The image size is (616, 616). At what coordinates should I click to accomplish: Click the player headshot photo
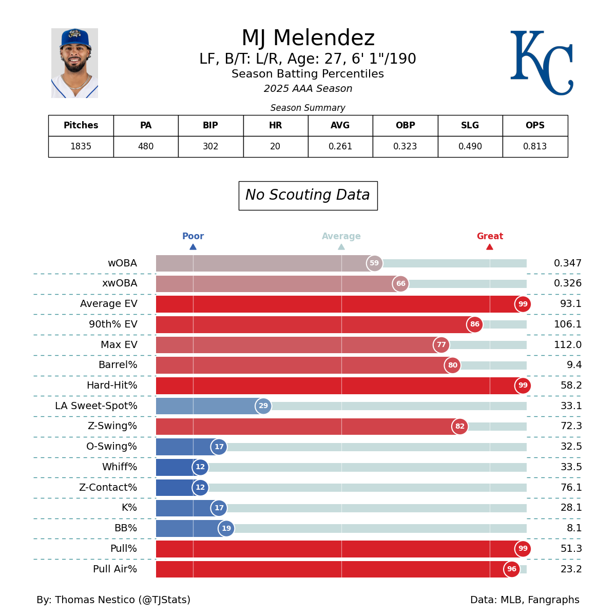click(74, 63)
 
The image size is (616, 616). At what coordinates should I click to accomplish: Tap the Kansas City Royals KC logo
click(541, 63)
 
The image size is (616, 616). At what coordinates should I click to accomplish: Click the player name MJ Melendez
click(308, 38)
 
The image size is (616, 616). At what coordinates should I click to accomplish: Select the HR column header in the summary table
click(276, 126)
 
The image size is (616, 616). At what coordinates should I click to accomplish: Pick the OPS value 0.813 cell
click(535, 147)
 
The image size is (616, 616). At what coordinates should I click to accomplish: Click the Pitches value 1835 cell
click(81, 147)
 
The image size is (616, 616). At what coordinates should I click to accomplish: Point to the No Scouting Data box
click(308, 196)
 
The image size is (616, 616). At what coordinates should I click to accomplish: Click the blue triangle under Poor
click(193, 247)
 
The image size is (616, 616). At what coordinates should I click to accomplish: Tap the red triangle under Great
click(490, 247)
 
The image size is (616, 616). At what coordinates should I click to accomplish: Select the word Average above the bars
click(341, 237)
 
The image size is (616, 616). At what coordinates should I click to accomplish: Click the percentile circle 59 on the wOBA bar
click(374, 263)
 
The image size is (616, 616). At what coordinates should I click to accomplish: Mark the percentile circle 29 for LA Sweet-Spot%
click(263, 406)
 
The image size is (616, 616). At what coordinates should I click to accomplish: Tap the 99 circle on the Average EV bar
click(523, 304)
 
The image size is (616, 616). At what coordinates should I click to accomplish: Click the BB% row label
click(126, 528)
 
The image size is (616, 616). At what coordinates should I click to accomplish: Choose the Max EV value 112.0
click(568, 345)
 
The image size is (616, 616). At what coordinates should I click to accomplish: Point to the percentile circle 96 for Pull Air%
click(512, 569)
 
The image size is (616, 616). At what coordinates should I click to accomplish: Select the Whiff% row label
click(120, 467)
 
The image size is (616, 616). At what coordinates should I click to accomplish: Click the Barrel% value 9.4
click(574, 365)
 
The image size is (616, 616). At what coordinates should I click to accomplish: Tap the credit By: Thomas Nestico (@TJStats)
click(113, 600)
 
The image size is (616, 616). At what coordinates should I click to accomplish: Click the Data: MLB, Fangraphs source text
click(525, 600)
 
